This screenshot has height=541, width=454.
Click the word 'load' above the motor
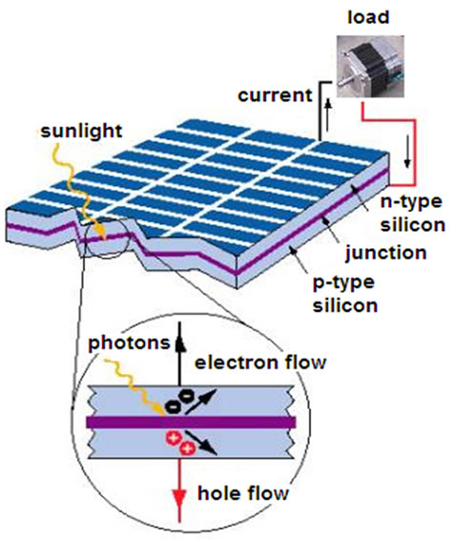click(x=368, y=17)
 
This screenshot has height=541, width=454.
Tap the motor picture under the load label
click(x=370, y=66)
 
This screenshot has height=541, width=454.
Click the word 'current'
click(x=275, y=95)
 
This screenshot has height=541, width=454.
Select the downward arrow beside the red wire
click(x=408, y=152)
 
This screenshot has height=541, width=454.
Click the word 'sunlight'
click(x=81, y=131)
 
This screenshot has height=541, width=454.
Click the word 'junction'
click(x=386, y=253)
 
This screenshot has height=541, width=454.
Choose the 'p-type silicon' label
click(x=345, y=294)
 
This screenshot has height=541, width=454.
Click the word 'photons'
click(x=129, y=343)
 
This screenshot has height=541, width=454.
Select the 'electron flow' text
click(x=260, y=363)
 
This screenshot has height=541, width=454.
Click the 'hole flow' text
click(x=243, y=493)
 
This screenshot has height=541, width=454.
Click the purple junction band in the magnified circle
click(x=191, y=422)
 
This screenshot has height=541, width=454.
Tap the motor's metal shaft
click(x=348, y=82)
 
